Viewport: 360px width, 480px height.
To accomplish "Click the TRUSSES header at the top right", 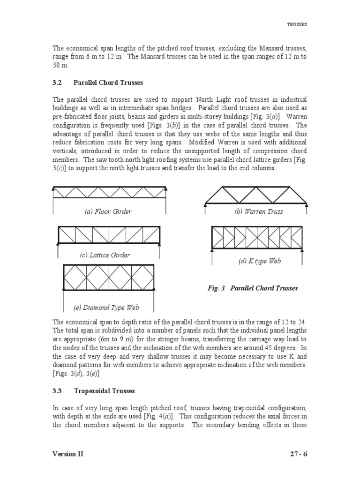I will [x=297, y=24].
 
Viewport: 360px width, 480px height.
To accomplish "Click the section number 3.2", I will [x=57, y=82].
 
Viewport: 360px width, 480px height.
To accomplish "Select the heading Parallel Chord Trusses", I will [x=108, y=82].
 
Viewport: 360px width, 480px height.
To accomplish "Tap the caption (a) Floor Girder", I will [x=108, y=211].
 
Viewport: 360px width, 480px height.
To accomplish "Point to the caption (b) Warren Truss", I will [x=259, y=211].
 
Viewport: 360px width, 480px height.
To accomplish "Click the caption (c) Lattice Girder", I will [x=105, y=255].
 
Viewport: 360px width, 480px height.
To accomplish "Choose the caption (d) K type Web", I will [x=259, y=261].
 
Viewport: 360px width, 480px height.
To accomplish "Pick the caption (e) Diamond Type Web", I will [x=106, y=307].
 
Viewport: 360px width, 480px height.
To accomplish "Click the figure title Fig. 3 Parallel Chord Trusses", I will [x=253, y=288].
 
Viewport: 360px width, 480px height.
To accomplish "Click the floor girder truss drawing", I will [x=109, y=192].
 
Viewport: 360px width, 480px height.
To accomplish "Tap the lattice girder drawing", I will [x=109, y=235].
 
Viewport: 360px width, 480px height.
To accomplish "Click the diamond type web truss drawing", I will [x=109, y=277].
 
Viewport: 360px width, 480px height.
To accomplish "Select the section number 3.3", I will [x=57, y=390].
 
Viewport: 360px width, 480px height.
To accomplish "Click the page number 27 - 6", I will [x=297, y=454].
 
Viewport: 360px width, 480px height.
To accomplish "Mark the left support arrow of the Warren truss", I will [x=205, y=209].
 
